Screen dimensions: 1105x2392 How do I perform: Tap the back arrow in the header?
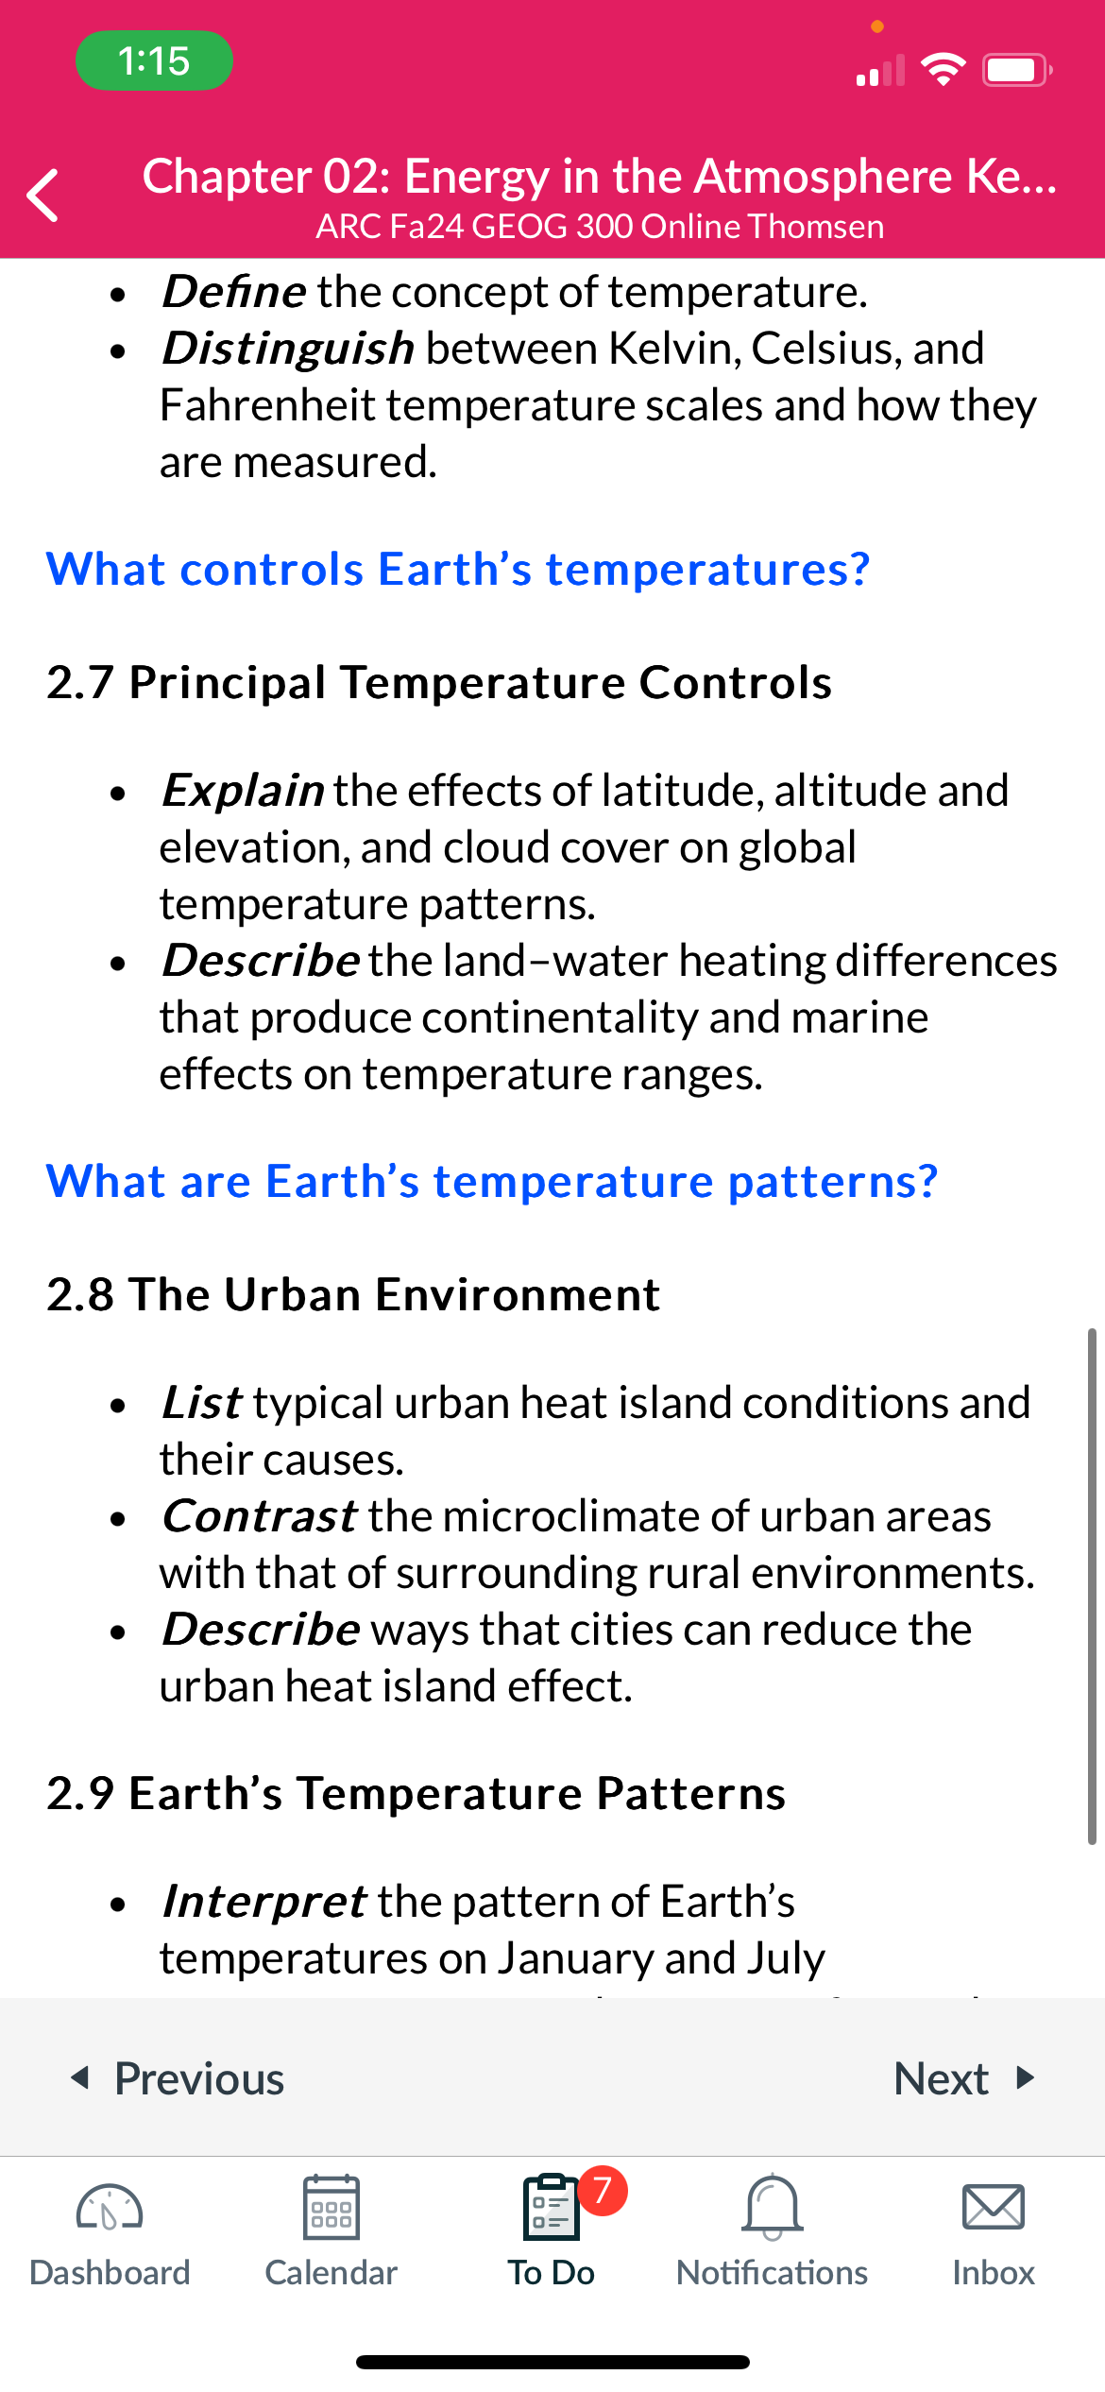tap(42, 195)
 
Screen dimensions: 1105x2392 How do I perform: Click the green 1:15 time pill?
tap(154, 60)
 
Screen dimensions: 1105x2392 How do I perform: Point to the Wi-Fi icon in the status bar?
tap(943, 69)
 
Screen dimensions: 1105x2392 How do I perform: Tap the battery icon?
tap(1017, 70)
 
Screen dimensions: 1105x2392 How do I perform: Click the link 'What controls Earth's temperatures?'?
tap(458, 569)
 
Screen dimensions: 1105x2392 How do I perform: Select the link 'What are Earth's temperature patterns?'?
tap(492, 1181)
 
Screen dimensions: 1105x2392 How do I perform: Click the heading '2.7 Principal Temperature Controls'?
tap(439, 682)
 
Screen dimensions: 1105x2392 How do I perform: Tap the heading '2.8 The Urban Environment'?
tap(353, 1294)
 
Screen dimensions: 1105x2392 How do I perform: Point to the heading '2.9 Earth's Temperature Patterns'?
tap(416, 1793)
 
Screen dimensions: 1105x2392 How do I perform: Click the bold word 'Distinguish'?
tap(288, 348)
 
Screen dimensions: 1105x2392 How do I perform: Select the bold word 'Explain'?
tap(243, 790)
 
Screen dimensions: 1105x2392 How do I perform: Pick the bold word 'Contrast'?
tap(259, 1515)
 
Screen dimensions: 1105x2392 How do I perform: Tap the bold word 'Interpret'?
tap(263, 1901)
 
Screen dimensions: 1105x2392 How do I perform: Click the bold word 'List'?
tap(201, 1402)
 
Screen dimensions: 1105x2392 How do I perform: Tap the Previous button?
tap(178, 2078)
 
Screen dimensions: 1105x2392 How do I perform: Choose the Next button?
tap(964, 2078)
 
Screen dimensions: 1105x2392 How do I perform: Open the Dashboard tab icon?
tap(110, 2207)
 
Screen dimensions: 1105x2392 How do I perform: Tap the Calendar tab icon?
tap(331, 2207)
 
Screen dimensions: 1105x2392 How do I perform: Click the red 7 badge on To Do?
tap(603, 2190)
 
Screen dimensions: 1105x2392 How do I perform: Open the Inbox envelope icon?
tap(993, 2207)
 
